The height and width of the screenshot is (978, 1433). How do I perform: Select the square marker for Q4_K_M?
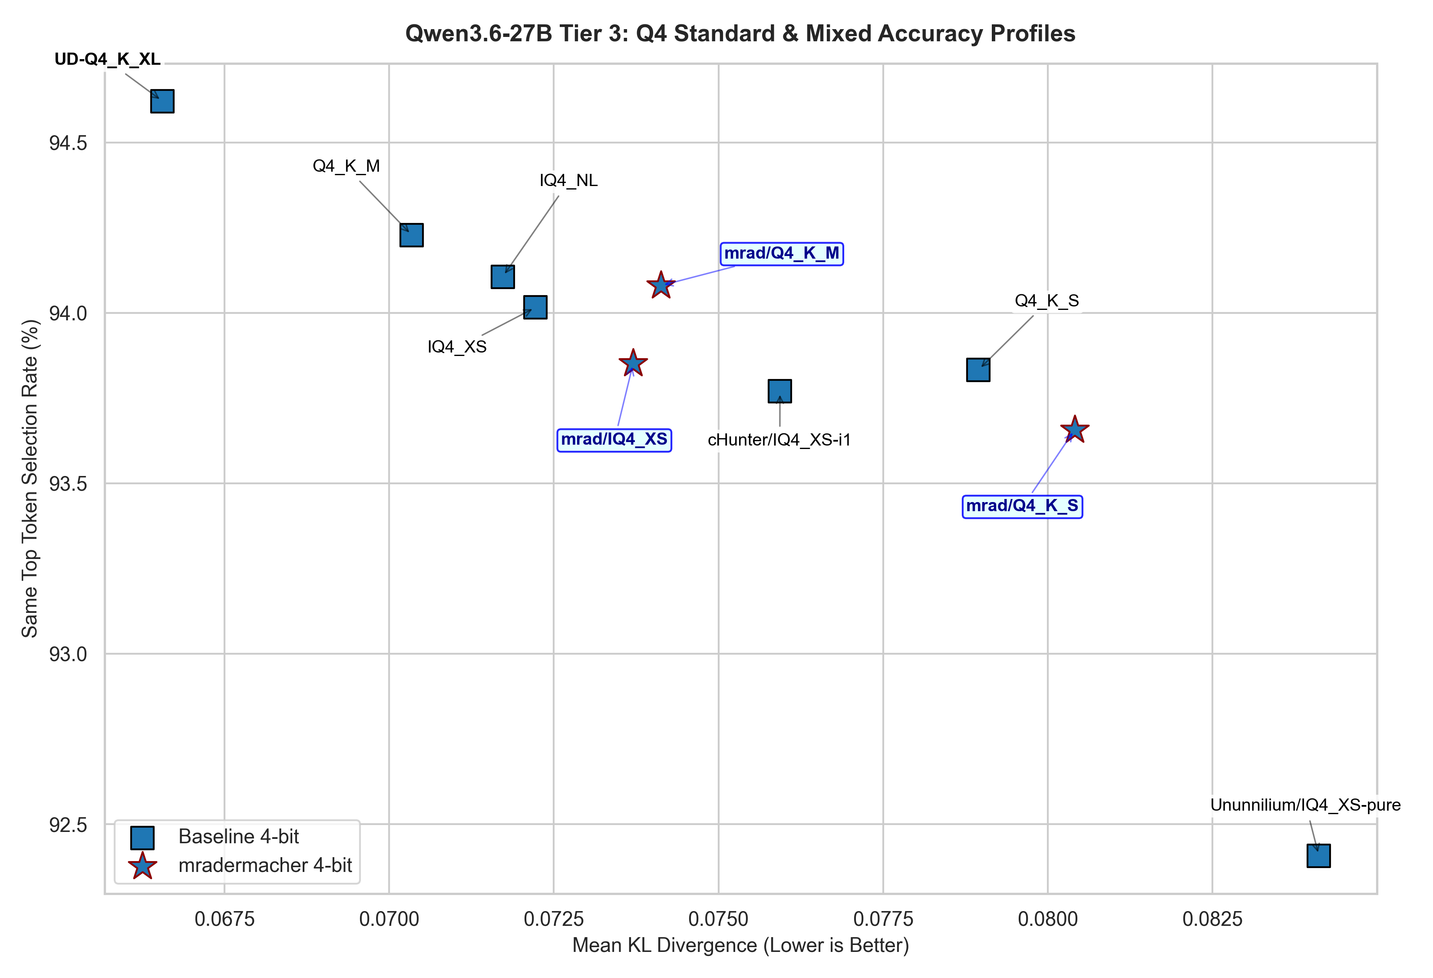[411, 235]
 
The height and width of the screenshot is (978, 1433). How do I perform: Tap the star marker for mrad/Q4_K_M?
[661, 285]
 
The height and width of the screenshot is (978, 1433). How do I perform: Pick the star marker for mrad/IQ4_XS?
[633, 363]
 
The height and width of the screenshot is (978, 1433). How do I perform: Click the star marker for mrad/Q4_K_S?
[1075, 429]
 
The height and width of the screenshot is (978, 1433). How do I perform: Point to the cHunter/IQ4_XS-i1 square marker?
[779, 391]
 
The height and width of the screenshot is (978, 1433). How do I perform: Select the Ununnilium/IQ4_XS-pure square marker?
[1318, 856]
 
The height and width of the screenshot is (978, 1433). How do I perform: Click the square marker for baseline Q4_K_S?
[978, 369]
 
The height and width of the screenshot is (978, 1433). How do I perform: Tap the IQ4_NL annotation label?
[568, 180]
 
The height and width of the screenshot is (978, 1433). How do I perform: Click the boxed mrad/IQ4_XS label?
[614, 439]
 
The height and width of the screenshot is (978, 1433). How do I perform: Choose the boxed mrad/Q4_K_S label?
[1022, 506]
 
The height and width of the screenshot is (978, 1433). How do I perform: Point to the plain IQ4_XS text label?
[457, 347]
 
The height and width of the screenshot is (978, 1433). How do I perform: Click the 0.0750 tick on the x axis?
[718, 919]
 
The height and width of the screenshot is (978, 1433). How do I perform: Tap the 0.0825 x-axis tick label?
[1212, 919]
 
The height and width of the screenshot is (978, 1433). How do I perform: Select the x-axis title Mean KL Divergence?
[740, 945]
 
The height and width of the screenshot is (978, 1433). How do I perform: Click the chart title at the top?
[740, 33]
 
